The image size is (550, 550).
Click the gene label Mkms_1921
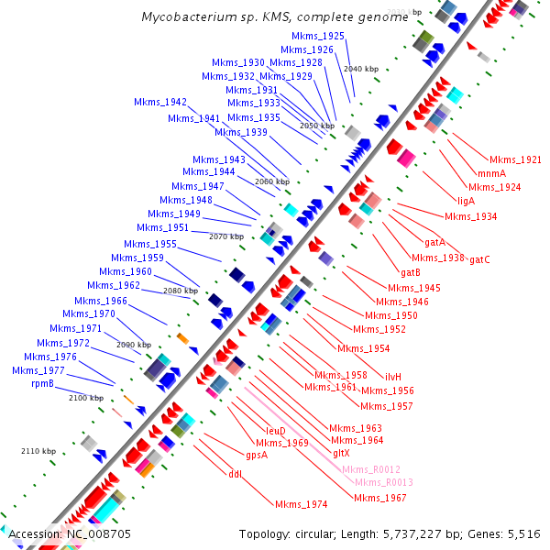click(515, 159)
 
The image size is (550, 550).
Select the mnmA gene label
click(491, 173)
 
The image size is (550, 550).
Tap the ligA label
click(466, 201)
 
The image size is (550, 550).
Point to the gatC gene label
click(479, 259)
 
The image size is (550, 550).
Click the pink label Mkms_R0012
click(371, 469)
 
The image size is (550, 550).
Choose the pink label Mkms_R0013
click(384, 482)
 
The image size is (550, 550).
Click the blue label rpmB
click(43, 384)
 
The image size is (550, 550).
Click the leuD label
click(276, 430)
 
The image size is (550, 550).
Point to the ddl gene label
click(235, 474)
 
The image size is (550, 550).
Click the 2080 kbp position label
click(181, 291)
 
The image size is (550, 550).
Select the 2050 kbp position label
click(317, 126)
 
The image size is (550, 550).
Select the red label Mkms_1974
click(302, 504)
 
